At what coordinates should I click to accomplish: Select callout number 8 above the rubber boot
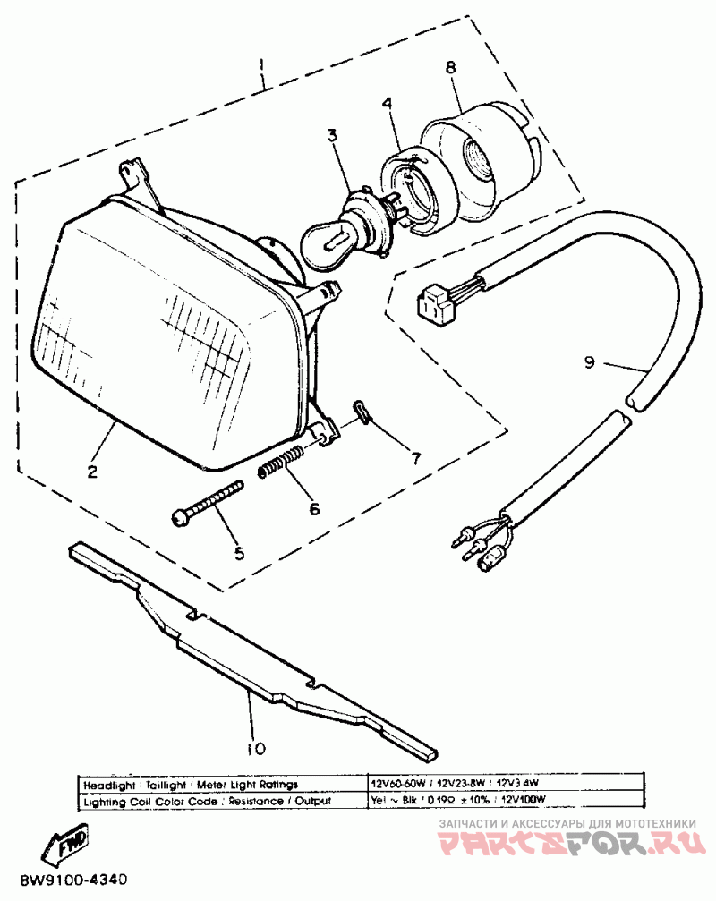click(449, 68)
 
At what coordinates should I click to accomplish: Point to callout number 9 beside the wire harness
click(589, 362)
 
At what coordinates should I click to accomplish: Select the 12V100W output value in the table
click(526, 800)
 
